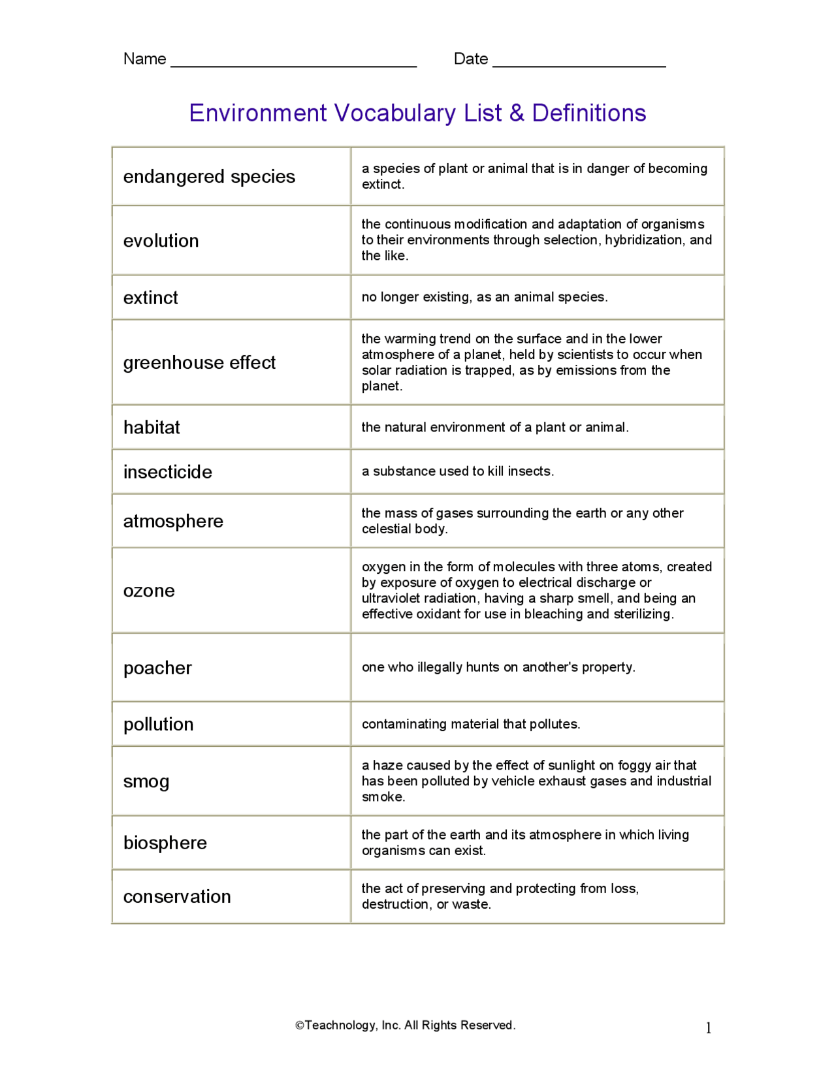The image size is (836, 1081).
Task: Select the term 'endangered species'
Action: click(x=209, y=176)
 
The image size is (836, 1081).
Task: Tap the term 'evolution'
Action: click(x=161, y=240)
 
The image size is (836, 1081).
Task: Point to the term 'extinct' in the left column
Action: click(x=150, y=298)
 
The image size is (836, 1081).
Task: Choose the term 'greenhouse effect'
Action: click(x=199, y=362)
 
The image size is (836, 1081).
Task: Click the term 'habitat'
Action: click(x=152, y=427)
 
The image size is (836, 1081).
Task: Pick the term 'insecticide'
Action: click(x=167, y=471)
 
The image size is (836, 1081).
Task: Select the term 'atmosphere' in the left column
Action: click(x=173, y=521)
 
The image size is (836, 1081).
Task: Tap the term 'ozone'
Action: click(x=149, y=590)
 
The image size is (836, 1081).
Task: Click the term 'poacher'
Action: click(x=157, y=668)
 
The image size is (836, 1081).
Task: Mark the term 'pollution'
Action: click(x=158, y=724)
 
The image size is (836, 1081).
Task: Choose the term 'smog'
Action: click(x=146, y=781)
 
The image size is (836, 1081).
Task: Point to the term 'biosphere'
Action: click(x=165, y=843)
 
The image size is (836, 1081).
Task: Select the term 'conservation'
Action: click(x=177, y=896)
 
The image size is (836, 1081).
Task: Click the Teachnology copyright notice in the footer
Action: click(x=405, y=1025)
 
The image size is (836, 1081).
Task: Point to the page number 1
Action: click(x=708, y=1028)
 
